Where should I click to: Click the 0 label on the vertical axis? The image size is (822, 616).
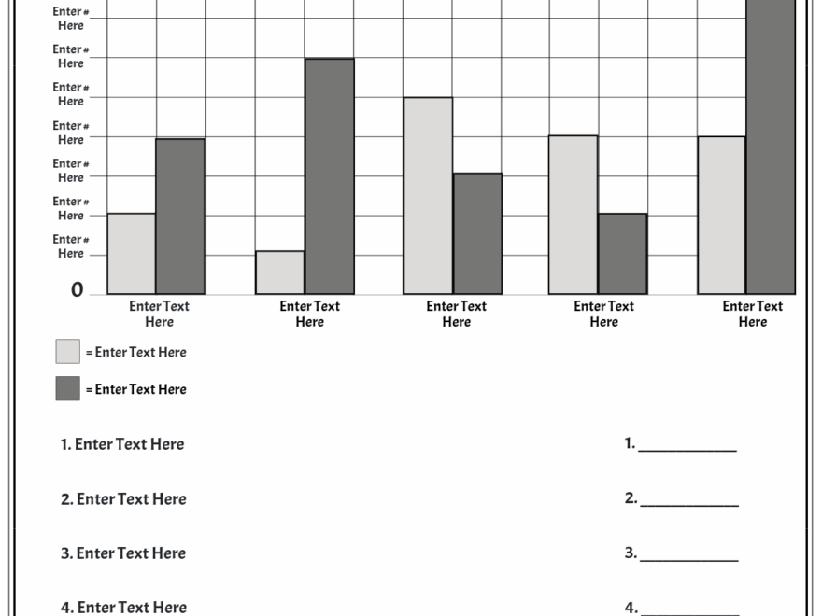coord(77,290)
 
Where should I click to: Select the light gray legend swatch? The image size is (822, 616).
coord(67,351)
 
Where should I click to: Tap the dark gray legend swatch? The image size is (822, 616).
coord(67,388)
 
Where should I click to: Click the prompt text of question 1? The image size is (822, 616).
coord(122,444)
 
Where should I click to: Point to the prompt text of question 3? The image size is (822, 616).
coord(123,553)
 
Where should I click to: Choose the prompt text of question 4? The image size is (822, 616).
coord(123,608)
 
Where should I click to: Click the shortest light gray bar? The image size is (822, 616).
coord(280,273)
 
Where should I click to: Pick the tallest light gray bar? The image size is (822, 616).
coord(428,196)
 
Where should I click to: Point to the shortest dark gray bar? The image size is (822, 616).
coord(622,254)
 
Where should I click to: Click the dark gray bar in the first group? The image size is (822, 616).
coord(180,217)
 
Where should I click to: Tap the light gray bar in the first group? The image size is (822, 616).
coord(132,254)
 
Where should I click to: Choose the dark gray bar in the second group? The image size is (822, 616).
coord(329,176)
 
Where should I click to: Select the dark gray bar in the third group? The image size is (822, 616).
coord(477,233)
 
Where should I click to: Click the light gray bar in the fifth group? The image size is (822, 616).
coord(721,216)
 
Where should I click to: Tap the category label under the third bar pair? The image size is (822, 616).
coord(457,314)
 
